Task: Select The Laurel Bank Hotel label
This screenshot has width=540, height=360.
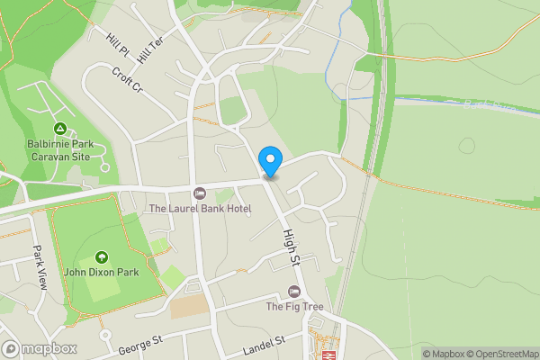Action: (200, 209)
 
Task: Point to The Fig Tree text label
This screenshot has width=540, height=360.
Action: (293, 307)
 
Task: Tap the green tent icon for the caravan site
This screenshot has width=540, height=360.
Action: (59, 129)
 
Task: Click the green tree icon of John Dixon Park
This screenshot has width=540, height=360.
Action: (101, 256)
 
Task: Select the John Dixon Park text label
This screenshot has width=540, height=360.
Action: (100, 272)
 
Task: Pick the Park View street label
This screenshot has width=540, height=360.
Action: (39, 262)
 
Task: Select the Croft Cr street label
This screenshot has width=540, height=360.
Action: (127, 79)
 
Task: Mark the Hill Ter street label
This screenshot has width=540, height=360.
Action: (149, 49)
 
